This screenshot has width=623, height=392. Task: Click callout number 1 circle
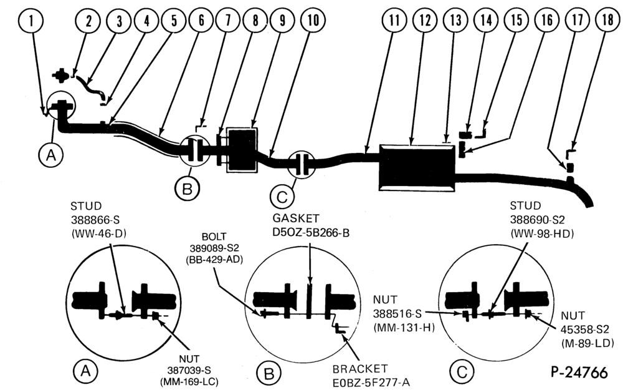click(x=31, y=20)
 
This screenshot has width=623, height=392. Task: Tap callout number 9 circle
click(x=282, y=20)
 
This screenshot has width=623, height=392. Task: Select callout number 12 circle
click(x=425, y=20)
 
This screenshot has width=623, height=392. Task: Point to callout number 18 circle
click(x=608, y=20)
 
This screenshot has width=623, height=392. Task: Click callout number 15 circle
click(x=517, y=20)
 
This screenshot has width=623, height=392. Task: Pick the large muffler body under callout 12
click(x=416, y=167)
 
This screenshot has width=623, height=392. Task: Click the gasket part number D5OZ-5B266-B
click(x=311, y=233)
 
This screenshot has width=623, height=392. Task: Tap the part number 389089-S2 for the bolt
click(x=214, y=248)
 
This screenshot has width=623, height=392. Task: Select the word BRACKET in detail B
click(x=360, y=369)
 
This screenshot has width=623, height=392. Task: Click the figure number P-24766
click(x=579, y=372)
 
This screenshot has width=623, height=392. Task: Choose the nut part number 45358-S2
click(x=584, y=330)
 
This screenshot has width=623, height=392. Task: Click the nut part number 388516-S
click(x=397, y=314)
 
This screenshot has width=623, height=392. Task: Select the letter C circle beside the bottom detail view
click(x=462, y=371)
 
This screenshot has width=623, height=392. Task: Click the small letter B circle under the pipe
click(x=187, y=189)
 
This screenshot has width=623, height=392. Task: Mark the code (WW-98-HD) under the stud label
click(x=543, y=235)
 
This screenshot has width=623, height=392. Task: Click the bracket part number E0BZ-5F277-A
click(x=371, y=383)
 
